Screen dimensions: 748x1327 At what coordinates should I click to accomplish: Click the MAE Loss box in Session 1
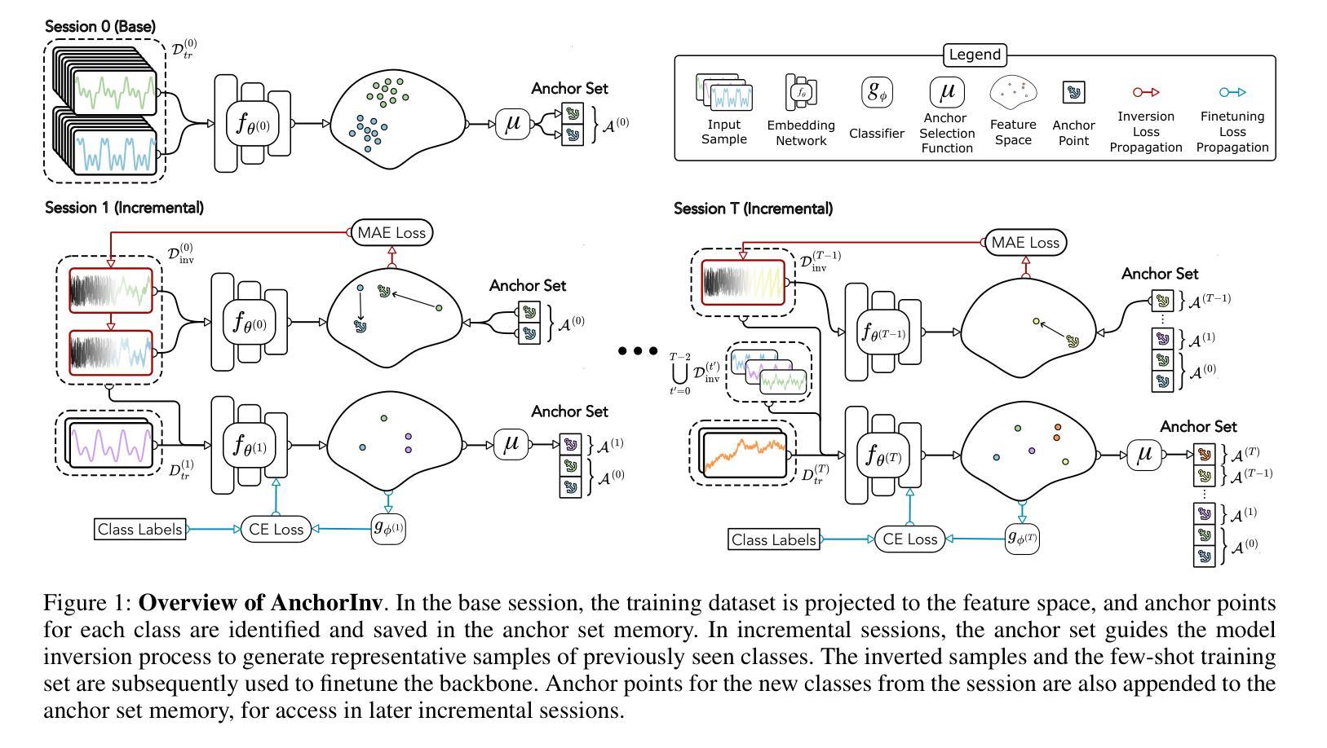pos(391,232)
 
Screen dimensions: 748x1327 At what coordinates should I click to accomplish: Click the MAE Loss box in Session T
pos(1025,242)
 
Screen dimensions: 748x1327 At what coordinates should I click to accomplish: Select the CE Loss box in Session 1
pos(276,529)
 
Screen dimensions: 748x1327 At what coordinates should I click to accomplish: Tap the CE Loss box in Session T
pos(909,539)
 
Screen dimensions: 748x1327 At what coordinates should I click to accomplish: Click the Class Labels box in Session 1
pos(139,529)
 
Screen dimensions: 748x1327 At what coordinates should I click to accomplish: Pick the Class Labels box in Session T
pos(773,539)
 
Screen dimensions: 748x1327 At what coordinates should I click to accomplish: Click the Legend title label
pos(974,55)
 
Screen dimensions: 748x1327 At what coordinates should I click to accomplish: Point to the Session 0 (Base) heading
pos(100,27)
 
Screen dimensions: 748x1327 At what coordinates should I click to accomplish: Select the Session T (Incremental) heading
pos(753,209)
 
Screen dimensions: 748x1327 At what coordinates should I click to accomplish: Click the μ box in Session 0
pos(513,124)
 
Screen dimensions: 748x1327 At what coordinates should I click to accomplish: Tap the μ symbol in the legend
pos(947,92)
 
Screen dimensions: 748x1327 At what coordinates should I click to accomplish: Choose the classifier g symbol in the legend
pos(876,92)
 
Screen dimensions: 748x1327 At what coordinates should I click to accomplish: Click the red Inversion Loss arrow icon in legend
pos(1145,92)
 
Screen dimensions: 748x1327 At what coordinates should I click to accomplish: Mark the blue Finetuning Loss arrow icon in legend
pos(1232,92)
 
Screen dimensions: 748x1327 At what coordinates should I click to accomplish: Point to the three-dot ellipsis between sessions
pos(638,351)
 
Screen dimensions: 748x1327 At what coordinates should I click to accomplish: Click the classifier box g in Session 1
pos(388,529)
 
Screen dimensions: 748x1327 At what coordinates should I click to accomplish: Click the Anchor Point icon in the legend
pos(1073,93)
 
